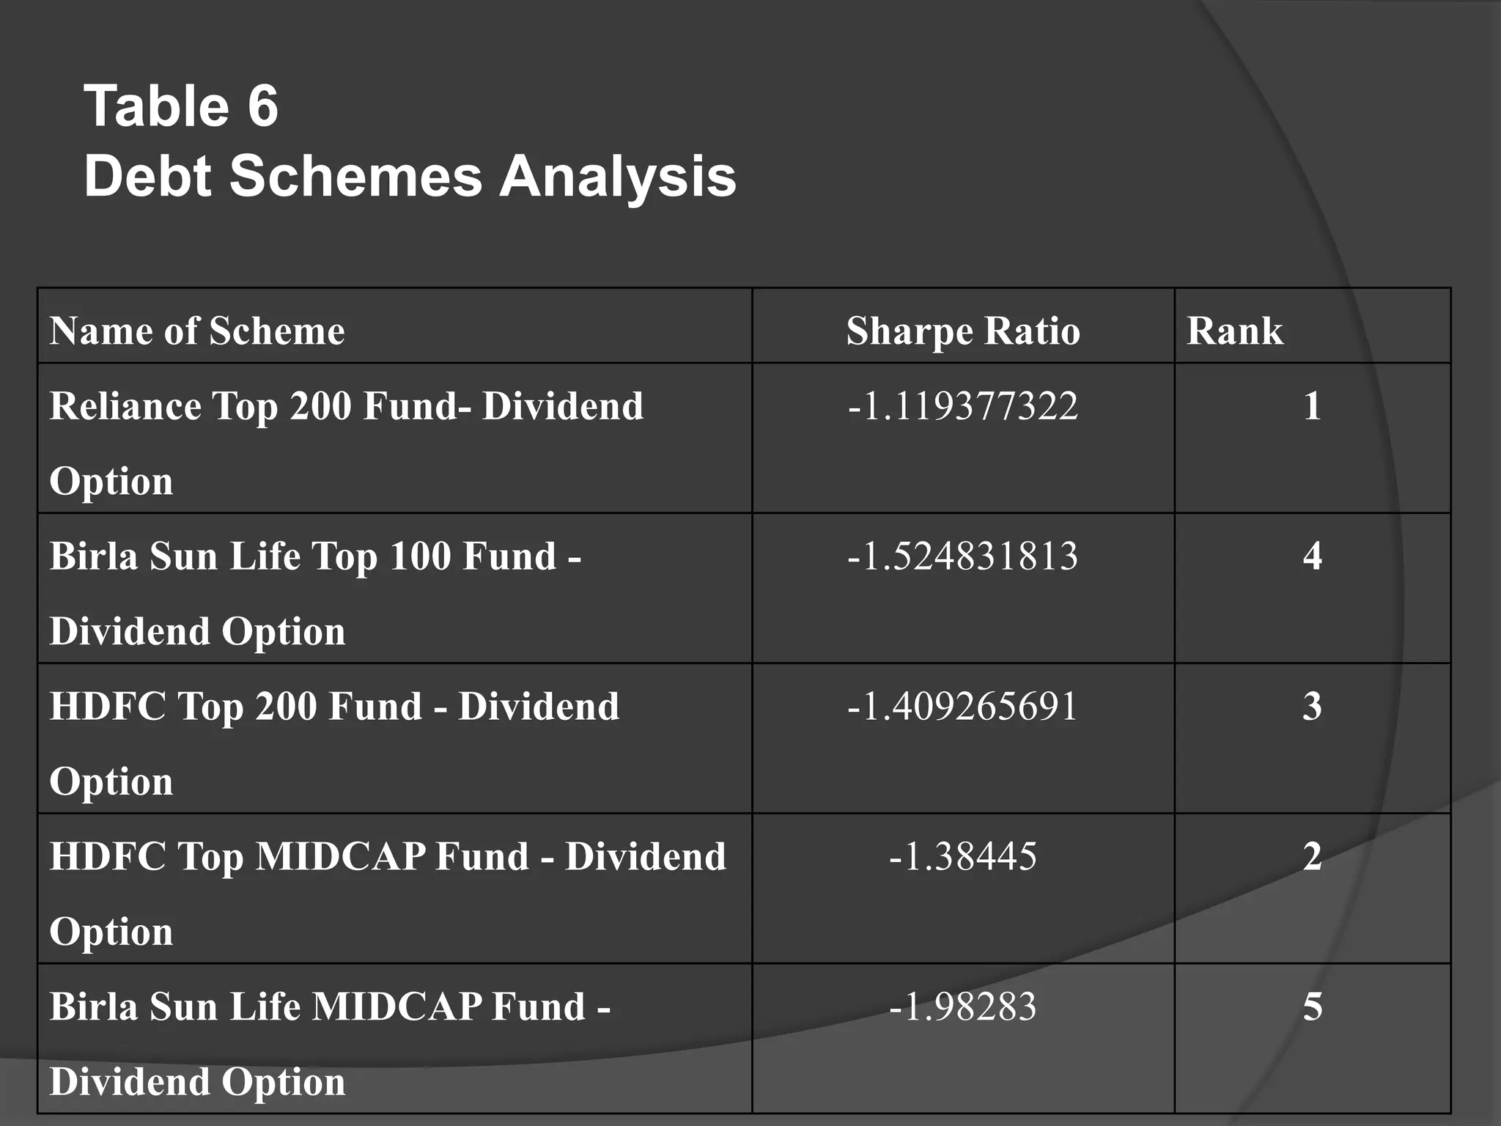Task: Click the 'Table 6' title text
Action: (181, 106)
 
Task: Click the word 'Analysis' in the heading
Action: (617, 177)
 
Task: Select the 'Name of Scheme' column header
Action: (197, 331)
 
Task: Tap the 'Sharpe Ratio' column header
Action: (963, 331)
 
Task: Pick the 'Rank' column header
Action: (1235, 331)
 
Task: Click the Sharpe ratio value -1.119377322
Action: (963, 405)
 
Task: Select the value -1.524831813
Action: (963, 556)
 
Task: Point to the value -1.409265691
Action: (963, 706)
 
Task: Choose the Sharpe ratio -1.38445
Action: (963, 856)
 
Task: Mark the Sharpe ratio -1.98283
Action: (963, 1007)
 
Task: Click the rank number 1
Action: (1312, 405)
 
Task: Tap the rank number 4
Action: (1312, 556)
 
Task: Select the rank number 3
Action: (1312, 706)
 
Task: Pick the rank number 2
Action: (1312, 856)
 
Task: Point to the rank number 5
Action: (1312, 1007)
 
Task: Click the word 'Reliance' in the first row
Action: (125, 405)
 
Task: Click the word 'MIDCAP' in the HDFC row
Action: (340, 856)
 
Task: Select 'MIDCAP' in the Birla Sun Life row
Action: (397, 1007)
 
